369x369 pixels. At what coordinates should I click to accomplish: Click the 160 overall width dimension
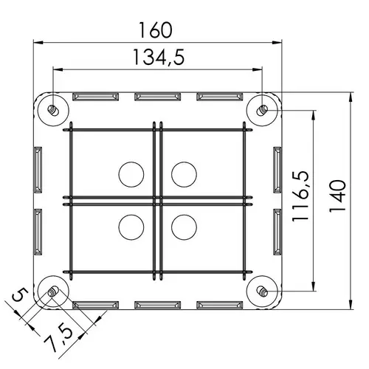coord(156,30)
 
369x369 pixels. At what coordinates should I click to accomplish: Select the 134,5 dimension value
coord(158,57)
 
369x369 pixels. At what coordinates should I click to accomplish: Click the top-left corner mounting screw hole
coord(52,110)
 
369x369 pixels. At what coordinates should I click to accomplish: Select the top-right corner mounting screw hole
coord(263,110)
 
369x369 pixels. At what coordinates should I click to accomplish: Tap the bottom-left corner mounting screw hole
coord(52,292)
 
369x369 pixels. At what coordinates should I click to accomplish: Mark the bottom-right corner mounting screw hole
coord(263,292)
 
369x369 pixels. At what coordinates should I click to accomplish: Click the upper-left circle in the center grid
coord(131,174)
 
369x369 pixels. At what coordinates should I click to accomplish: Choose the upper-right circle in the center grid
coord(184,174)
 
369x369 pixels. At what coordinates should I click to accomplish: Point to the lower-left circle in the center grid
coord(131,225)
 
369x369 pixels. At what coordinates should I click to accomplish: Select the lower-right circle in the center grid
coord(184,225)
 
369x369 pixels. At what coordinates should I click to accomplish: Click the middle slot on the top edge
coord(157,97)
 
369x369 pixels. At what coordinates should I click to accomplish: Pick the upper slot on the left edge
coord(38,170)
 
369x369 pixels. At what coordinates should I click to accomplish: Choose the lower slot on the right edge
coord(277,232)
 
